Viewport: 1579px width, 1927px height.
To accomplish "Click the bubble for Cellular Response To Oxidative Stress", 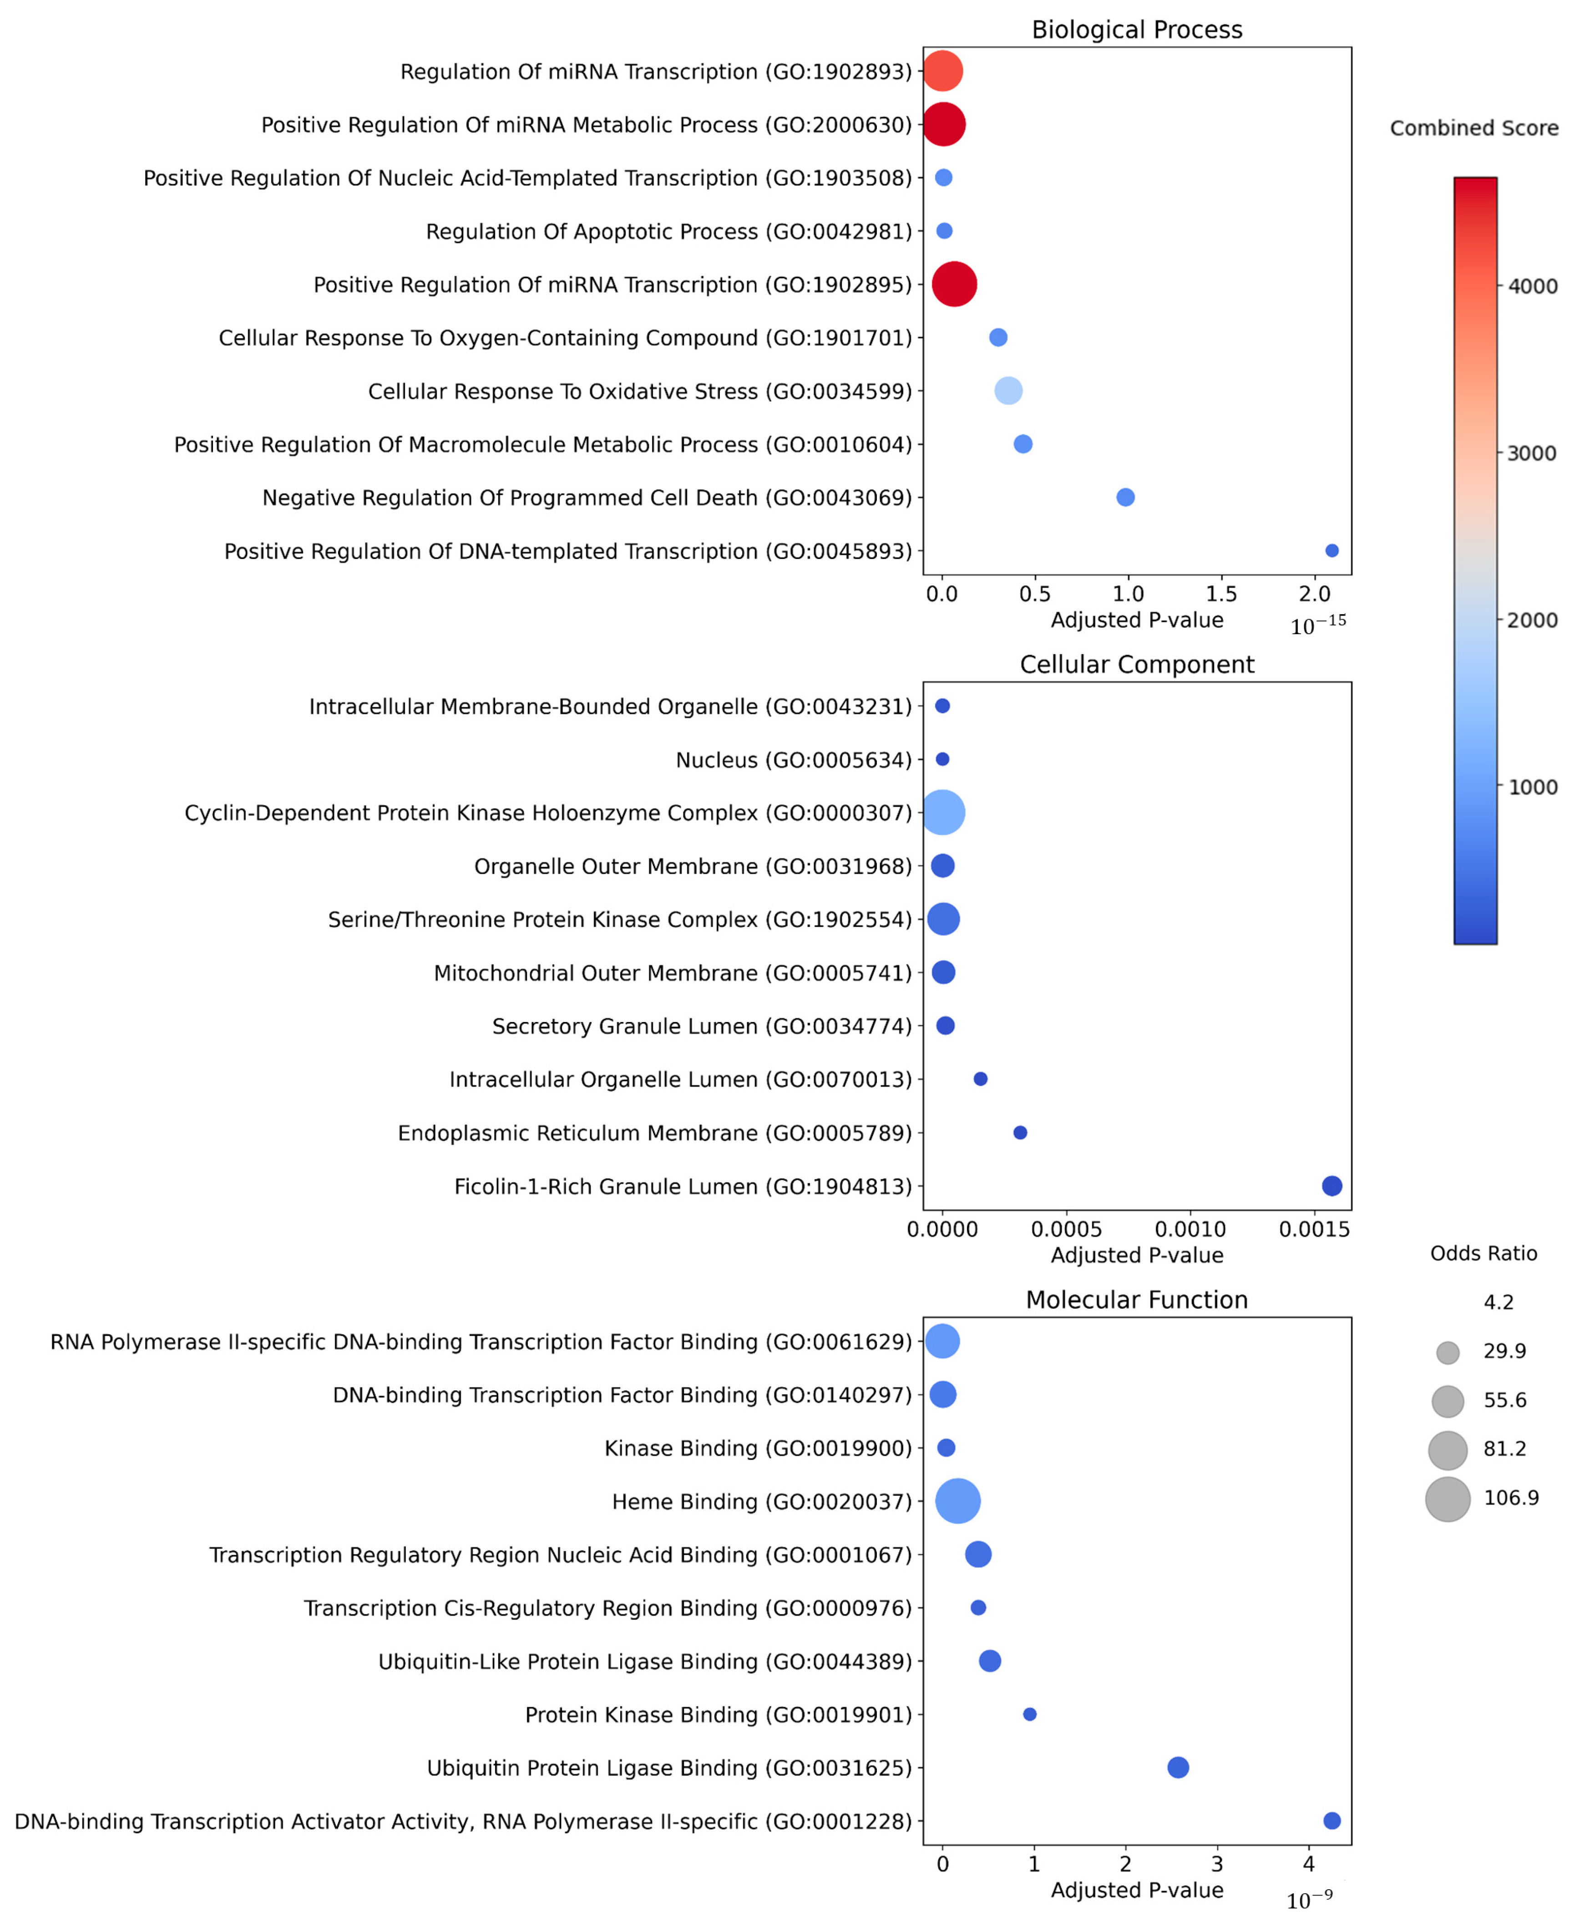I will [x=1008, y=390].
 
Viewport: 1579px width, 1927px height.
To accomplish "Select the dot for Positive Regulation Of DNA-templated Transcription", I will [x=1331, y=550].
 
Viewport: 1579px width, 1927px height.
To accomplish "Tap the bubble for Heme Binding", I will [x=958, y=1501].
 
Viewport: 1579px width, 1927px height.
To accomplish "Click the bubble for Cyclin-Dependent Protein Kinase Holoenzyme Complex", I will [x=943, y=813].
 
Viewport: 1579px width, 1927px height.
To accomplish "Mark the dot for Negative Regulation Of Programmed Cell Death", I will [x=1125, y=497].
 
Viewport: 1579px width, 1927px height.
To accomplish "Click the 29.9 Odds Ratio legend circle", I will [x=1448, y=1353].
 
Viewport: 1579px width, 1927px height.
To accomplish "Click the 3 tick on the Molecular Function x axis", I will [x=1217, y=1864].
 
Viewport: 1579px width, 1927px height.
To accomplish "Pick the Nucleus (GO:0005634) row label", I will [x=793, y=760].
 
